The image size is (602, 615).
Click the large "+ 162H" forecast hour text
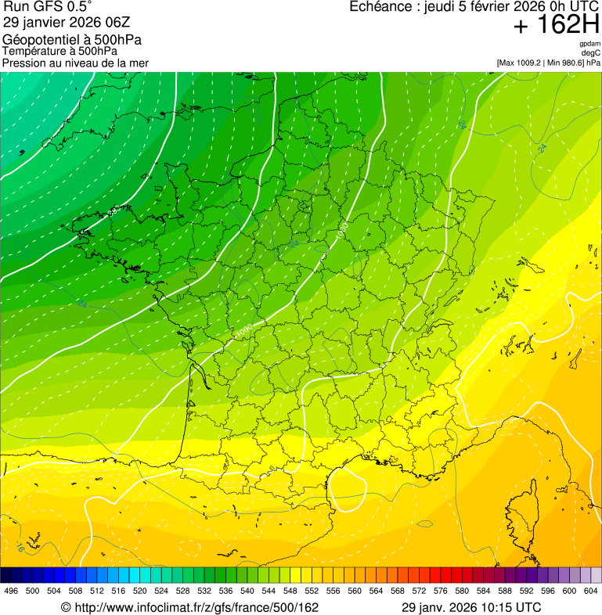click(x=556, y=26)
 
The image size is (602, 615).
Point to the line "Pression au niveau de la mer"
click(x=75, y=63)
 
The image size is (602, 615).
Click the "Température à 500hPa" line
click(x=59, y=51)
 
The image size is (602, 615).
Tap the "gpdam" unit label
click(x=589, y=44)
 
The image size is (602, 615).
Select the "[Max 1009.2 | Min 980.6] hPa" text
click(x=548, y=62)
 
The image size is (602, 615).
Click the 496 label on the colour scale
click(x=11, y=591)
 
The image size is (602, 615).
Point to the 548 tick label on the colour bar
click(x=290, y=591)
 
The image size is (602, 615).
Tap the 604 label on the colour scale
click(x=591, y=591)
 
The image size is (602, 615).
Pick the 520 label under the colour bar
click(x=140, y=591)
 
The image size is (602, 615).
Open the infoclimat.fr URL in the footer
click(x=189, y=607)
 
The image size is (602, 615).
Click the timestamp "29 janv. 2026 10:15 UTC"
click(x=470, y=607)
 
